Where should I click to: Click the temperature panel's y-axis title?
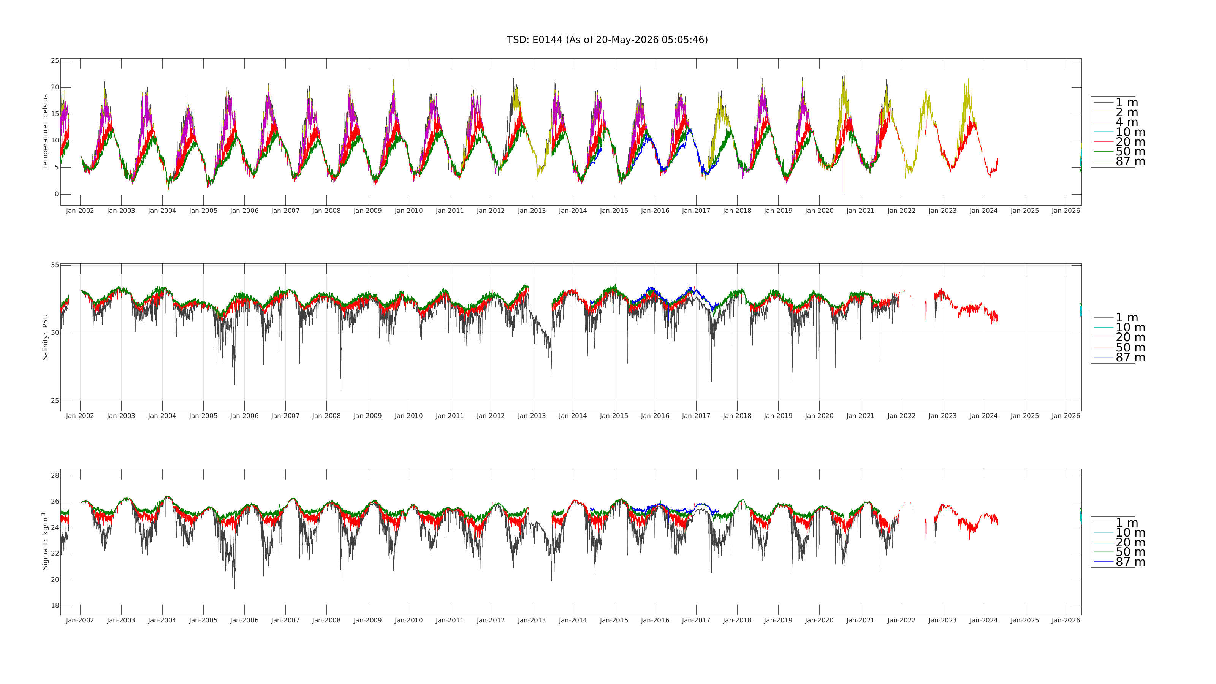(45, 132)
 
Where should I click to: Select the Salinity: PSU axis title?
(45, 337)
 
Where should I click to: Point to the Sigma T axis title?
(45, 541)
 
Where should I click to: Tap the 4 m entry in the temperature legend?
(1126, 122)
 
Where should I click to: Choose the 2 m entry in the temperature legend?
(1126, 112)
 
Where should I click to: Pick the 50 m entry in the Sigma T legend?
(1130, 552)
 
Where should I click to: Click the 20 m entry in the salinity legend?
(1130, 337)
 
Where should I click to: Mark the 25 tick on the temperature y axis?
(55, 60)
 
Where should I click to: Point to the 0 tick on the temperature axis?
(57, 194)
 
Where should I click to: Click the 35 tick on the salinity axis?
(55, 265)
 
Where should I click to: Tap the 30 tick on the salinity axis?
(55, 333)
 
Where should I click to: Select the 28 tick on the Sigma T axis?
(55, 475)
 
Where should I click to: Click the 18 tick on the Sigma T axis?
(55, 606)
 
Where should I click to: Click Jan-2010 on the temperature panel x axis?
(409, 211)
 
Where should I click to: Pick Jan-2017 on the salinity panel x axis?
(696, 416)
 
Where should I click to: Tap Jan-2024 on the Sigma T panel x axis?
(984, 620)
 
